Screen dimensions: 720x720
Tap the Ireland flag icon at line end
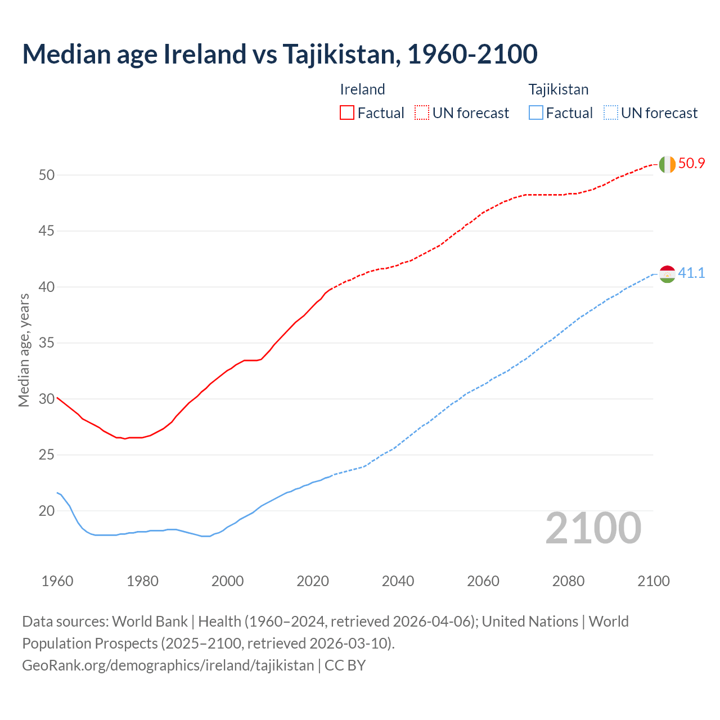click(667, 164)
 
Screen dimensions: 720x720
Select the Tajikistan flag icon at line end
click(667, 274)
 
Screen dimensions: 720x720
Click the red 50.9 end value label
click(691, 164)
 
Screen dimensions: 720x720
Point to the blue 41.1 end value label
click(691, 273)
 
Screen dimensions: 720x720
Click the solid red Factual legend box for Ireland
click(347, 113)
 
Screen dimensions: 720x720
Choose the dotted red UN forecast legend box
click(422, 113)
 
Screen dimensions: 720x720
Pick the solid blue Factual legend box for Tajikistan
click(536, 113)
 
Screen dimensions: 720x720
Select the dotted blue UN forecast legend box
click(610, 113)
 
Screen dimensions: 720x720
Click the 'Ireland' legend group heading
click(362, 89)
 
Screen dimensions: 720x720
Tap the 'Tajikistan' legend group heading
click(558, 89)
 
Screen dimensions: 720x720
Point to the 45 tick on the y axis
click(47, 231)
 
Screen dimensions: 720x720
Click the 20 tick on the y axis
click(47, 511)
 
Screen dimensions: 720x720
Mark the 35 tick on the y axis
click(47, 343)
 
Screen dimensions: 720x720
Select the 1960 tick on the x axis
click(57, 581)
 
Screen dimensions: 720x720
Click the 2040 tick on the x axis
click(398, 581)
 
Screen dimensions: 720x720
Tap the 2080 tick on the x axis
click(568, 581)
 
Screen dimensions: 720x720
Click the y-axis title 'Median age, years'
click(24, 350)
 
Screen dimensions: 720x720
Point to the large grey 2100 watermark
click(593, 528)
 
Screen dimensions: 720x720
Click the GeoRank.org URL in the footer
click(168, 665)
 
